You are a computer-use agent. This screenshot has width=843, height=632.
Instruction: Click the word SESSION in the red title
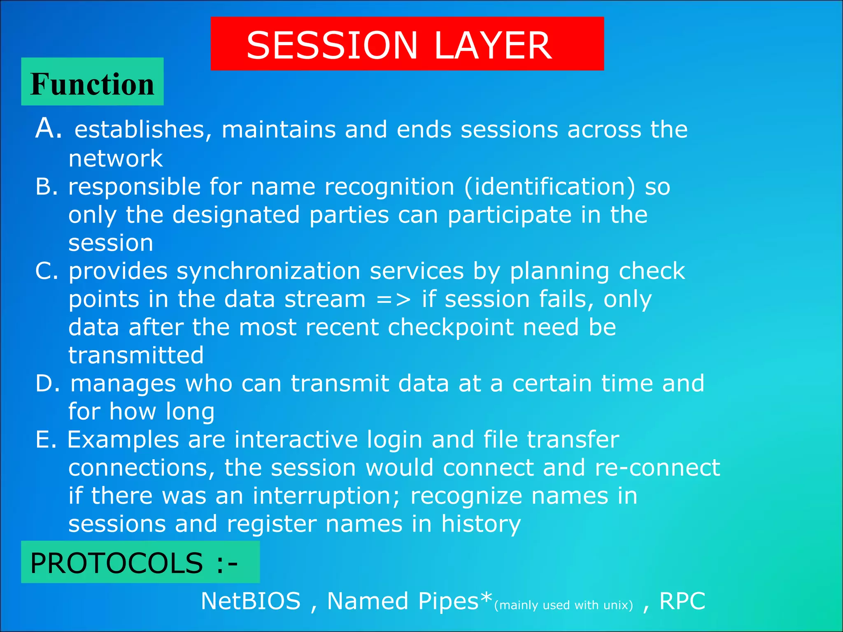click(332, 45)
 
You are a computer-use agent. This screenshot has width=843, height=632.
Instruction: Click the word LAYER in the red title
click(493, 45)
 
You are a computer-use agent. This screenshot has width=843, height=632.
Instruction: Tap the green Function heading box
click(92, 82)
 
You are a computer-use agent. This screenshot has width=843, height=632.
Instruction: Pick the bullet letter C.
click(46, 271)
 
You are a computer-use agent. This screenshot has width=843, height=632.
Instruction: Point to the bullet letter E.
click(45, 439)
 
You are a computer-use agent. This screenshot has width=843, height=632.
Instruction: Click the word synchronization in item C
click(268, 272)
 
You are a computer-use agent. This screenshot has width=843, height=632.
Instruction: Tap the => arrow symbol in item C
click(393, 300)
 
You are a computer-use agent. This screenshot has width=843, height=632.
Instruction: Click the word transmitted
click(136, 355)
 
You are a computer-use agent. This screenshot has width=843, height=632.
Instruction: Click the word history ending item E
click(481, 524)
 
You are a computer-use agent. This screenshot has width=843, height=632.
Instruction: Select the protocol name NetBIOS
click(251, 601)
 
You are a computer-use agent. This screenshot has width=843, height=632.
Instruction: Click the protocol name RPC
click(682, 601)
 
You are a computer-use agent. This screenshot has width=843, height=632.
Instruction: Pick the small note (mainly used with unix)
click(563, 605)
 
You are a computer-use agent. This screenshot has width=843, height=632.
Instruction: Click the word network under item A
click(115, 159)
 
